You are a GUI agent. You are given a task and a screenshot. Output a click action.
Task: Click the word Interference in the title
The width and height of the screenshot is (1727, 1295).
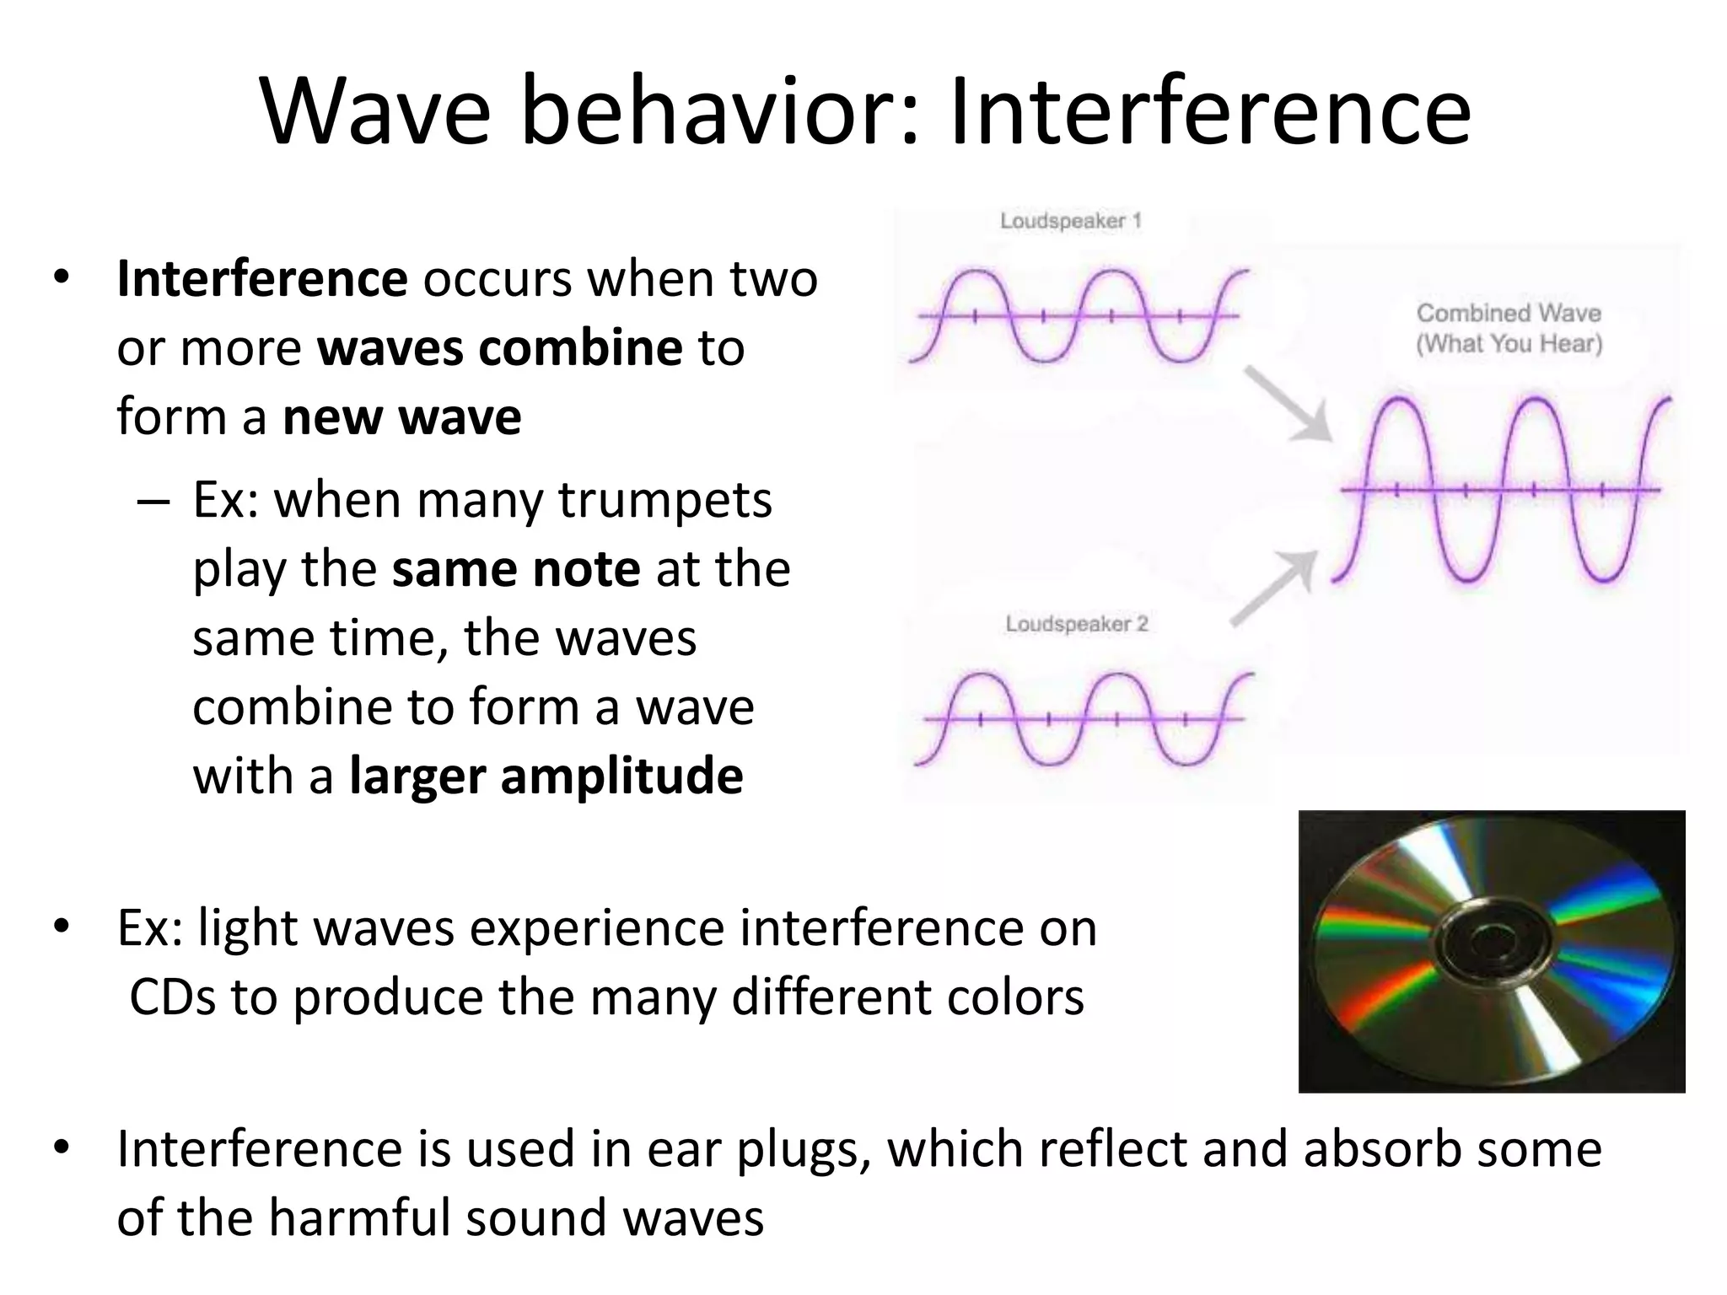(x=1209, y=112)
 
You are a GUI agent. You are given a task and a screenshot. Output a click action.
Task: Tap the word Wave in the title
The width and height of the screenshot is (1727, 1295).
(x=375, y=112)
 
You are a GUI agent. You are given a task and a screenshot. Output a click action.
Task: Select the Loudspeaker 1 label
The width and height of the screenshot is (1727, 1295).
(x=1070, y=221)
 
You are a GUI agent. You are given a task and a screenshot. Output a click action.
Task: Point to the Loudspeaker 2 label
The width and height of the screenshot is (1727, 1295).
(x=1076, y=624)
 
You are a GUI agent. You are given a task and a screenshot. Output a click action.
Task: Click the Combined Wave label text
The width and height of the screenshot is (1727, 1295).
(x=1508, y=313)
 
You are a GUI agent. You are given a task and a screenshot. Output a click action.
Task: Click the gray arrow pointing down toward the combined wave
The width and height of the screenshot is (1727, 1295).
(x=1288, y=404)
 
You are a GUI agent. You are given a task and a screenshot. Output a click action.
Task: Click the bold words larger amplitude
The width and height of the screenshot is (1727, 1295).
(x=546, y=776)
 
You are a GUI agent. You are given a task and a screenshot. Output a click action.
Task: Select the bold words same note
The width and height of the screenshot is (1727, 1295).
(x=516, y=569)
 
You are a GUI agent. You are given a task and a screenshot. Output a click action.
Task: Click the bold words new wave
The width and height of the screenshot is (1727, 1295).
(x=401, y=416)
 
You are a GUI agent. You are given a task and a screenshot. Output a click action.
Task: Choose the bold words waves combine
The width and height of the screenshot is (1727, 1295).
(x=499, y=347)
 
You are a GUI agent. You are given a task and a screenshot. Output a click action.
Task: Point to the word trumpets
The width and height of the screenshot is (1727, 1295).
(x=664, y=500)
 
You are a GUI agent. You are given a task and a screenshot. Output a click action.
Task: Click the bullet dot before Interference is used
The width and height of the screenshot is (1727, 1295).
(x=61, y=1148)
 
